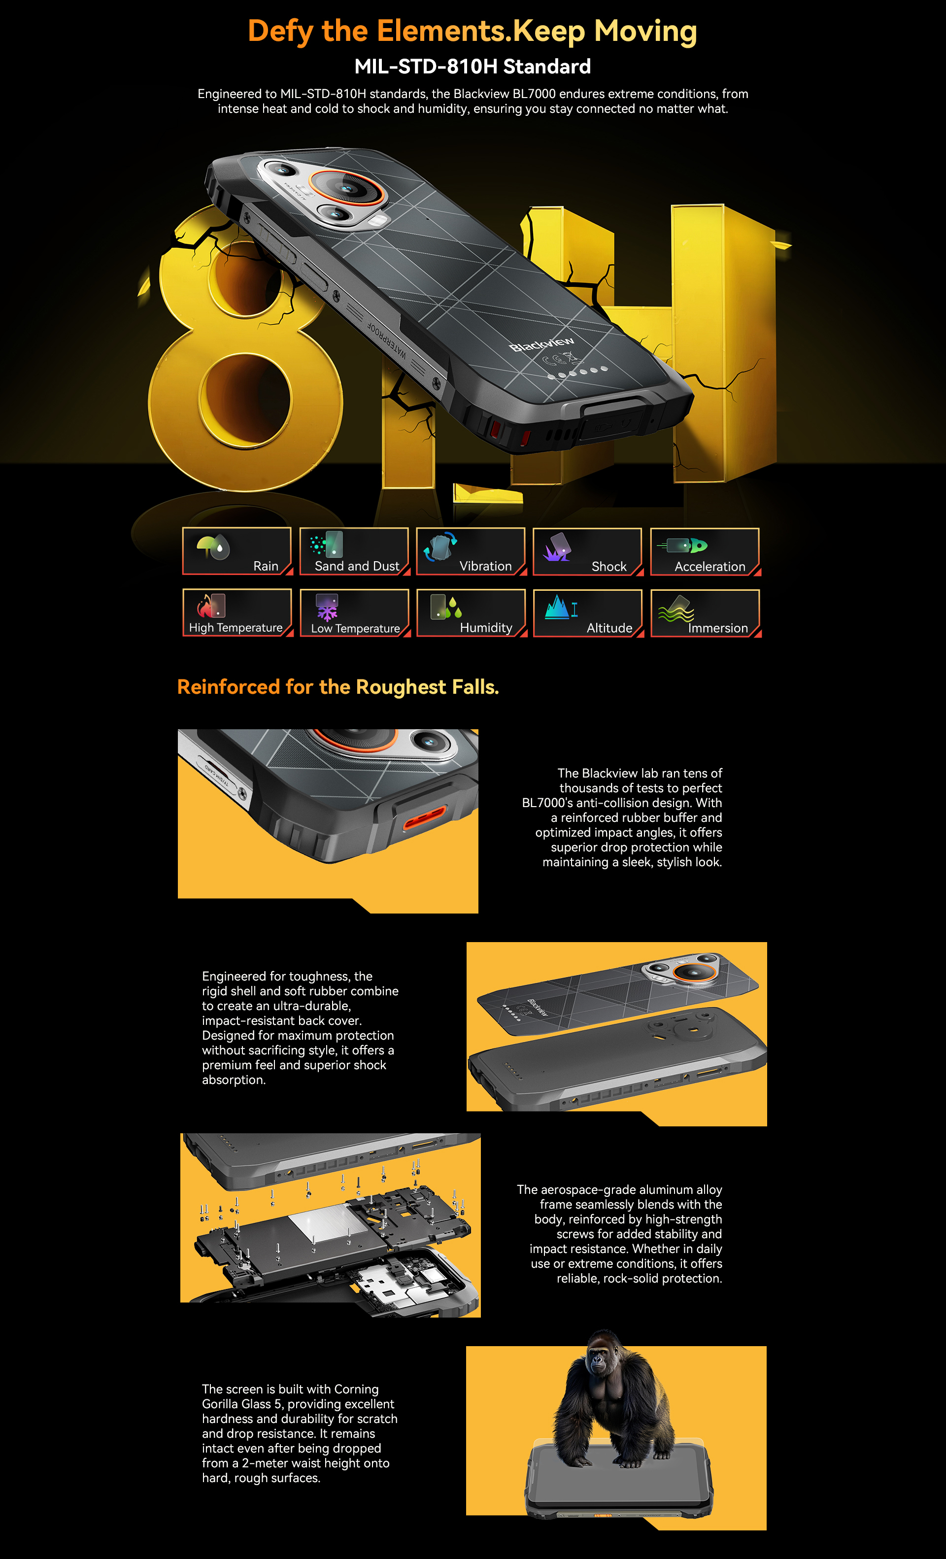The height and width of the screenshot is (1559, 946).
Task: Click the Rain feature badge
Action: [237, 551]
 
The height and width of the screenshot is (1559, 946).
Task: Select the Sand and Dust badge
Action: [354, 551]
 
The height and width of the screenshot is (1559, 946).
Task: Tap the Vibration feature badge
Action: [472, 551]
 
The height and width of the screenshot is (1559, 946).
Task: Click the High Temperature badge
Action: [237, 612]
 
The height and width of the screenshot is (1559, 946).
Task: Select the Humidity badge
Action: [472, 612]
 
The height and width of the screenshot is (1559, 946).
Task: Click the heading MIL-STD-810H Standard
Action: [473, 67]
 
